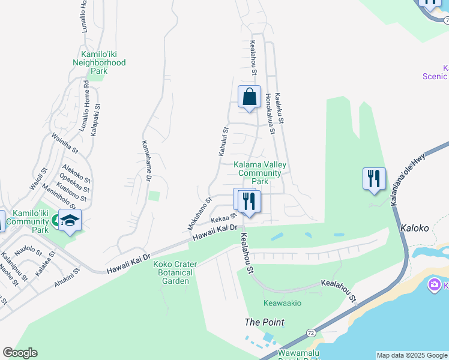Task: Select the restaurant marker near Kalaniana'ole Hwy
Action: [374, 179]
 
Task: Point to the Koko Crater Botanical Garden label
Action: [173, 272]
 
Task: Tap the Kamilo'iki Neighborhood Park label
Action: [99, 62]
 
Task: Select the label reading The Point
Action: [264, 322]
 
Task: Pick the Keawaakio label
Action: [282, 303]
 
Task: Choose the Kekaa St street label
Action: [223, 219]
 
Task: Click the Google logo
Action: [20, 353]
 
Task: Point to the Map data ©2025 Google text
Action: [412, 355]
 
